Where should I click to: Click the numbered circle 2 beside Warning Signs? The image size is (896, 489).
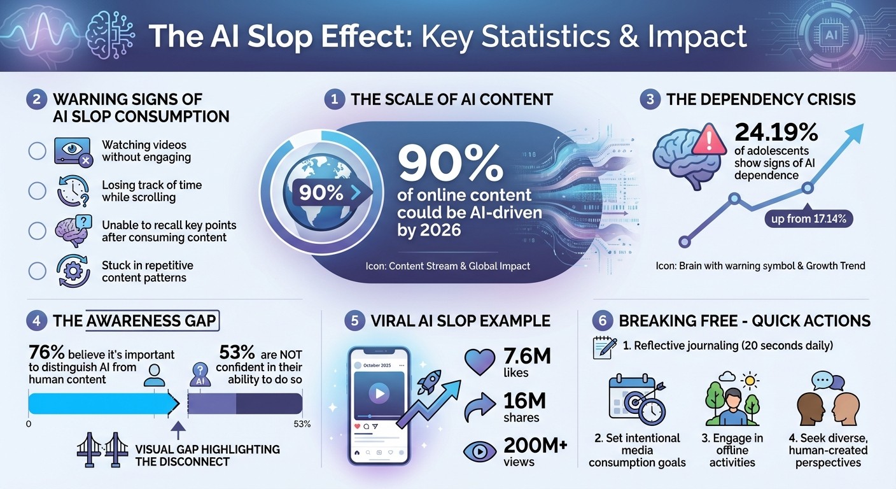[37, 99]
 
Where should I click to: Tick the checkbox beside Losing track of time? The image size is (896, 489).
[38, 191]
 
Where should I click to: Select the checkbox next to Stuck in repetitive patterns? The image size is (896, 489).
[38, 271]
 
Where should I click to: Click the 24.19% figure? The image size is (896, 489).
[776, 132]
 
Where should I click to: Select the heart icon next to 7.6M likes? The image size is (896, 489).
[480, 361]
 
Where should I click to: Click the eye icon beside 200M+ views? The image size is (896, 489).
[480, 451]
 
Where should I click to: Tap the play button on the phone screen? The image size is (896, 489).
[379, 393]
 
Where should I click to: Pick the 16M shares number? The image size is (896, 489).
[524, 401]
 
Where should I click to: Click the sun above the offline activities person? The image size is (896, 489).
[751, 381]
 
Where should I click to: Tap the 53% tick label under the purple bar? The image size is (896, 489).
[302, 424]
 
